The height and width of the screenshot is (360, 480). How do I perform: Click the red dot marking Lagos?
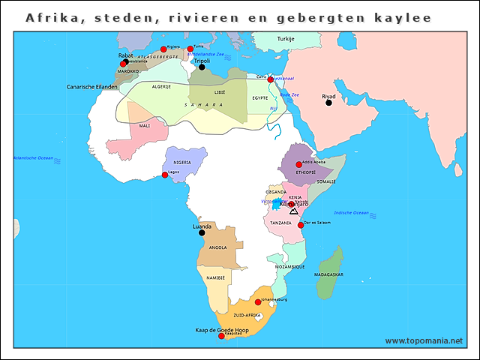[x=165, y=175]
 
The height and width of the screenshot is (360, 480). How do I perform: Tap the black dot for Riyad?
[x=328, y=103]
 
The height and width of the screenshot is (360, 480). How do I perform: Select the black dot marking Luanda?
[x=201, y=232]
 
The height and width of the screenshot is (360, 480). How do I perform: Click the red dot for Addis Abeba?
[x=298, y=165]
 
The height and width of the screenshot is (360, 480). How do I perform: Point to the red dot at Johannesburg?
[x=258, y=302]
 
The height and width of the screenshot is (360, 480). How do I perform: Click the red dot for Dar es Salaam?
[x=301, y=225]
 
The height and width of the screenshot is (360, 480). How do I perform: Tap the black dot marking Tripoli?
[x=201, y=67]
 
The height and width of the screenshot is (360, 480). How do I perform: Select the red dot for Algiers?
[x=163, y=49]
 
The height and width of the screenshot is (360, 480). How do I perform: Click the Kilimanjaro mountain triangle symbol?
[x=294, y=211]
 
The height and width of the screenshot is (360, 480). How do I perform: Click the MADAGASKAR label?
[x=328, y=275]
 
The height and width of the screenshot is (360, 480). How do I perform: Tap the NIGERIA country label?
[x=181, y=162]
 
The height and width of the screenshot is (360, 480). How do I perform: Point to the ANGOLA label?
[x=217, y=247]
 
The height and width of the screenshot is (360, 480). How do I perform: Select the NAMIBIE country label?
[x=215, y=278]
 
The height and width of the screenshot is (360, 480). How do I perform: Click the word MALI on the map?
[x=144, y=126]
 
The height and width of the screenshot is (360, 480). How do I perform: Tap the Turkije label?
[x=286, y=38]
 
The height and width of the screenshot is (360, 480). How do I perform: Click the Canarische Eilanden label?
[x=91, y=86]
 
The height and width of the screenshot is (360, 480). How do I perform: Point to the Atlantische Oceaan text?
[x=34, y=158]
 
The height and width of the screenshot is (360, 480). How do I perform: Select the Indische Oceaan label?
[x=351, y=213]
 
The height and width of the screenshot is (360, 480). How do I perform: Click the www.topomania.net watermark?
[x=424, y=341]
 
